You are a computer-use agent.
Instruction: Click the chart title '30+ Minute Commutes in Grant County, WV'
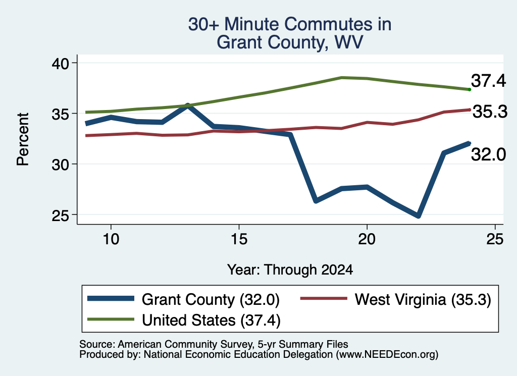pyautogui.click(x=290, y=33)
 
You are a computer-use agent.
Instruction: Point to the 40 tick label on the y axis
pyautogui.click(x=61, y=63)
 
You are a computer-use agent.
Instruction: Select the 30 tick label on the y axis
pyautogui.click(x=61, y=165)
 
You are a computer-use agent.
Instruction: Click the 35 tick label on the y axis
pyautogui.click(x=61, y=114)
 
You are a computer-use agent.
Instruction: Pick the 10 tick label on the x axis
pyautogui.click(x=111, y=239)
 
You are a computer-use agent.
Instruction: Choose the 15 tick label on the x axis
pyautogui.click(x=239, y=239)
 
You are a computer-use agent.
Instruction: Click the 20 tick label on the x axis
pyautogui.click(x=367, y=239)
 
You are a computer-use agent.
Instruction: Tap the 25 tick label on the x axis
pyautogui.click(x=495, y=239)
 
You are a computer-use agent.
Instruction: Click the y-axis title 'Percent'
pyautogui.click(x=23, y=139)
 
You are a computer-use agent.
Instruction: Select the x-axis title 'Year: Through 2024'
pyautogui.click(x=290, y=270)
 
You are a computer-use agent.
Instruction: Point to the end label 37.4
pyautogui.click(x=488, y=81)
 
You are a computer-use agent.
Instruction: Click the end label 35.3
pyautogui.click(x=490, y=112)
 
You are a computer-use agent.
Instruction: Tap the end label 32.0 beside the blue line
pyautogui.click(x=488, y=154)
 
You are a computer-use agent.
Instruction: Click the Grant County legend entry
pyautogui.click(x=183, y=299)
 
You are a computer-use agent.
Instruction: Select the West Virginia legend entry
pyautogui.click(x=396, y=299)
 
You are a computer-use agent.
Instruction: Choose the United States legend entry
pyautogui.click(x=184, y=320)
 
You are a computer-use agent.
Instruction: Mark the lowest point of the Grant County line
pyautogui.click(x=418, y=216)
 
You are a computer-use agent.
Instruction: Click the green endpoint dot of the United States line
pyautogui.click(x=470, y=89)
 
